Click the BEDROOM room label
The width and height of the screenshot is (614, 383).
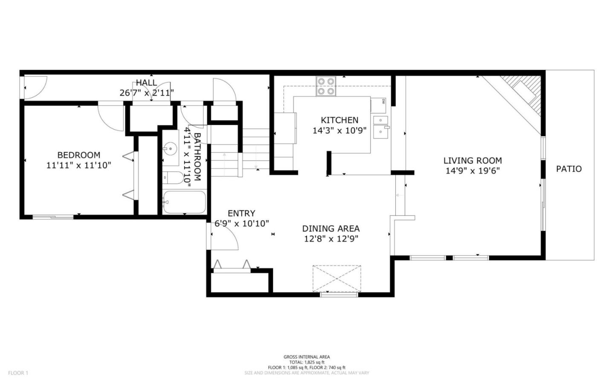coord(79,155)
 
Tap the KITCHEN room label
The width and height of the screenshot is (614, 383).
coord(339,120)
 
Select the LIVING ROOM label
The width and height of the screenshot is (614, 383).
coord(472,161)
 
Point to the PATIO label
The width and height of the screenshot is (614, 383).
coord(569,169)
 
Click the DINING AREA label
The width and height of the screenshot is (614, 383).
coord(331,229)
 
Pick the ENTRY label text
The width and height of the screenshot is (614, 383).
coord(241,213)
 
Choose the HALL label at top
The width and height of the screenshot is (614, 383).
coord(146,83)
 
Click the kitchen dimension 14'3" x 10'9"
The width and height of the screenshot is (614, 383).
coord(339,131)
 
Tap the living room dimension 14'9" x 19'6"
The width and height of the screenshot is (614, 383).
coord(472,171)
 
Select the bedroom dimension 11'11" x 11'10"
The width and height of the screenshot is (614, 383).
coord(79,165)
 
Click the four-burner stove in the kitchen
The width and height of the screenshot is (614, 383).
coord(326,86)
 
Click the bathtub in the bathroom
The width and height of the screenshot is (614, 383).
coord(184,202)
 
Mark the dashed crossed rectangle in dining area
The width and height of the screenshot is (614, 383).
coord(336,278)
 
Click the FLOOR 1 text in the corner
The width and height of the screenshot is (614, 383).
coord(18,373)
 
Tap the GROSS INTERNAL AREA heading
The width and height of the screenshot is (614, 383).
coord(307,357)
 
